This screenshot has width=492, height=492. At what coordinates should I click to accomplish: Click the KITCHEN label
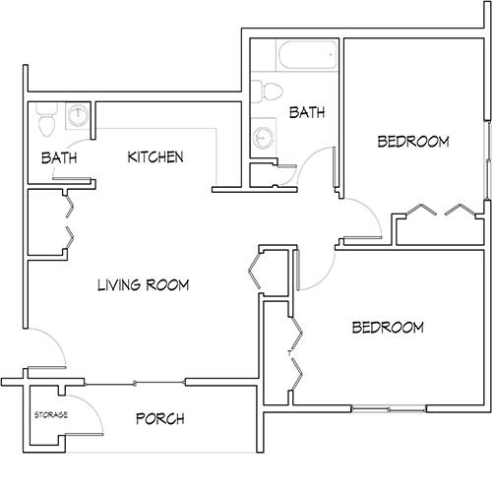point(155,157)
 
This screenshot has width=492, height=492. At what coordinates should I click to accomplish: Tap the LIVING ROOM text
point(143,285)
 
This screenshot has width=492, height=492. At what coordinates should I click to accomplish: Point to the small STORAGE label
point(51,414)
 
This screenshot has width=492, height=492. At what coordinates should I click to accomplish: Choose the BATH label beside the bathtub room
point(307,114)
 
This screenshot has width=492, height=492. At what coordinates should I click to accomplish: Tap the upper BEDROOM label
point(413,142)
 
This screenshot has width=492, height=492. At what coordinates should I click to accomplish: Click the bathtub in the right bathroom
point(308,57)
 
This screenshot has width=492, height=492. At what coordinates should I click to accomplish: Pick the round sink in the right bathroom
point(263,137)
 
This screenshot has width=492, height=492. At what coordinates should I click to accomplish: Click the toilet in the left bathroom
point(45,124)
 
